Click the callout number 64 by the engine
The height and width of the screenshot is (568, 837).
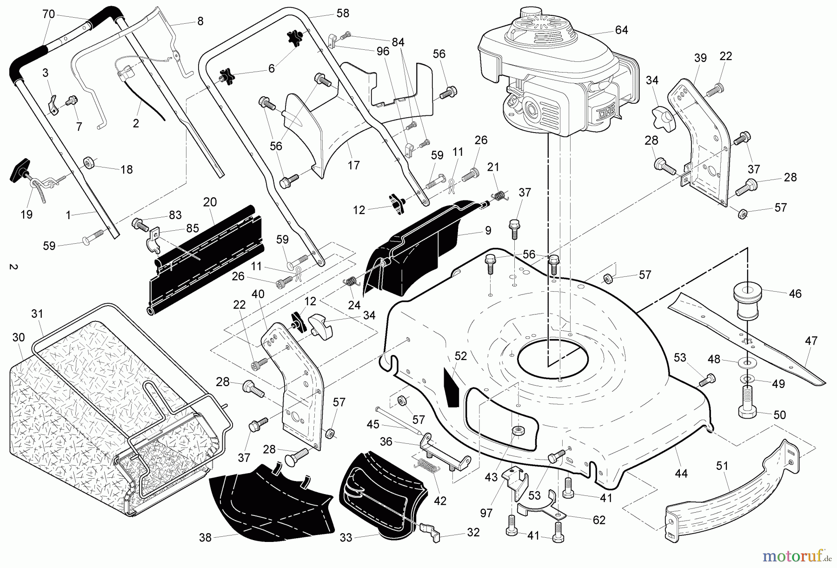[621, 30]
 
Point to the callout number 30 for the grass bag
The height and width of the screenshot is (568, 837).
[18, 337]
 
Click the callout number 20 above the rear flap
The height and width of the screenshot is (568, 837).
[210, 202]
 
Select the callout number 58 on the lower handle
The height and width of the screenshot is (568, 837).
[343, 13]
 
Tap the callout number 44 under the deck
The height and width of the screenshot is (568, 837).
[681, 474]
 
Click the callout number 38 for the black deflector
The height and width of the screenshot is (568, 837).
[205, 538]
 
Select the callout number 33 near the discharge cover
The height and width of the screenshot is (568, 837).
[346, 538]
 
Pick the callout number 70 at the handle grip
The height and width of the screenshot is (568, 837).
[48, 14]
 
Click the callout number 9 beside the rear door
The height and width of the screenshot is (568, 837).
[488, 229]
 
